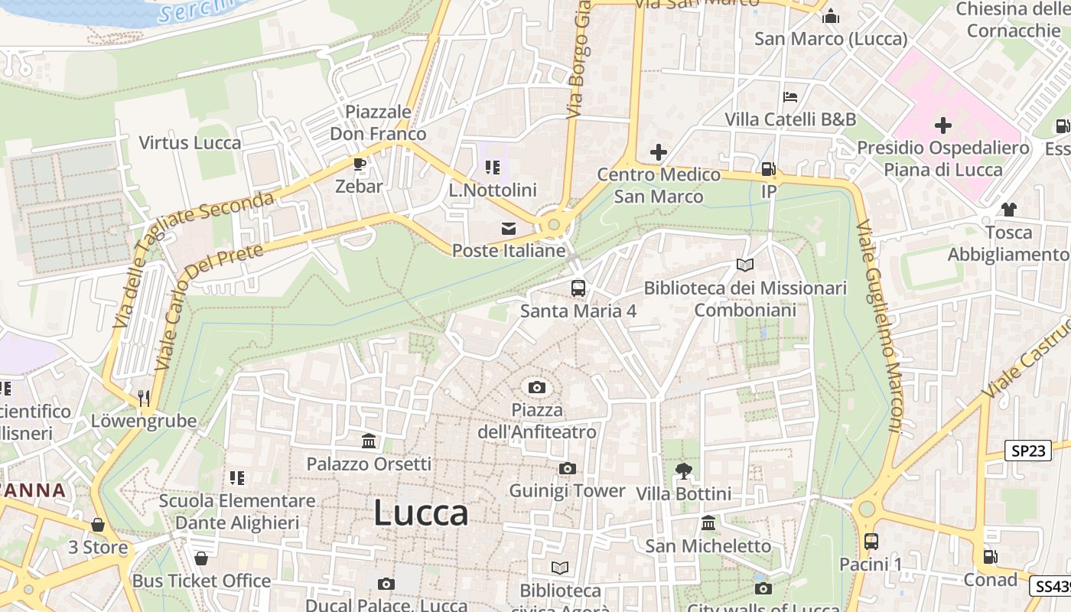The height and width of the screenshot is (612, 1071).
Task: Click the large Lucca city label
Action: click(421, 513)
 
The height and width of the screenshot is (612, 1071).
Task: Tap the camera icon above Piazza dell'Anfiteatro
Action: click(537, 387)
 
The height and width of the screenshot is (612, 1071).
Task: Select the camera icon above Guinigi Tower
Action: click(567, 468)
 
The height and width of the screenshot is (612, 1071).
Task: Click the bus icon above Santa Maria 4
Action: click(578, 288)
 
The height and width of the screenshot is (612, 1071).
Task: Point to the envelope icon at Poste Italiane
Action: click(508, 228)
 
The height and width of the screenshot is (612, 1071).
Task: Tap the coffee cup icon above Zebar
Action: click(359, 164)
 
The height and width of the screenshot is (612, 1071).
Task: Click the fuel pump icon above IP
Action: click(768, 169)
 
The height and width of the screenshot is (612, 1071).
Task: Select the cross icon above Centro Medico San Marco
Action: click(658, 152)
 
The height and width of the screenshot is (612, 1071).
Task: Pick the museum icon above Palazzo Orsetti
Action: click(369, 441)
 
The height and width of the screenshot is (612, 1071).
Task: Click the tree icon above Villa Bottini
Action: click(683, 471)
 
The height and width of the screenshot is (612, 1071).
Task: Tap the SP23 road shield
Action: click(1027, 451)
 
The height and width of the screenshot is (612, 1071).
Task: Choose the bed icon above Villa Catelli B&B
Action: click(790, 97)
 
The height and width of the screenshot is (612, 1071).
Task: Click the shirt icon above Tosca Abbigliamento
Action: click(1008, 210)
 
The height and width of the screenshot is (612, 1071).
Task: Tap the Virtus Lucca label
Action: click(190, 143)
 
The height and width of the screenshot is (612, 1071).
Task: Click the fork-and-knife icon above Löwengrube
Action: click(144, 398)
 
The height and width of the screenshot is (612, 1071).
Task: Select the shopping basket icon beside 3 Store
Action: click(98, 525)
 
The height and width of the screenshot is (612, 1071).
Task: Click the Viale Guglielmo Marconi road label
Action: click(880, 327)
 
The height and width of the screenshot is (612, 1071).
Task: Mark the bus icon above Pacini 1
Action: click(871, 542)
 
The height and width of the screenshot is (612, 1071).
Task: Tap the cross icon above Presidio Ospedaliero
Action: click(942, 125)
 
